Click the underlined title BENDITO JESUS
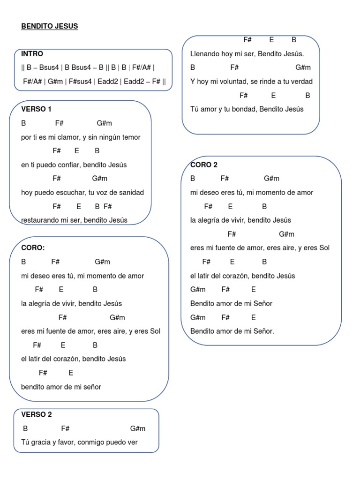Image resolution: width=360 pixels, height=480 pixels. tap(50, 26)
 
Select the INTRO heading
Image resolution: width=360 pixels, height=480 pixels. tap(32, 54)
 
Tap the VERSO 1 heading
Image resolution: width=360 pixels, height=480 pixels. tap(36, 109)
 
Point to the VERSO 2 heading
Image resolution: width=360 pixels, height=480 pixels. tap(37, 414)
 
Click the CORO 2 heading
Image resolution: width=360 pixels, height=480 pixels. tap(204, 165)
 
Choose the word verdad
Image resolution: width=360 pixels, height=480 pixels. tap(300, 82)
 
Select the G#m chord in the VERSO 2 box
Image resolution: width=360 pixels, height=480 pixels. tap(138, 428)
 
